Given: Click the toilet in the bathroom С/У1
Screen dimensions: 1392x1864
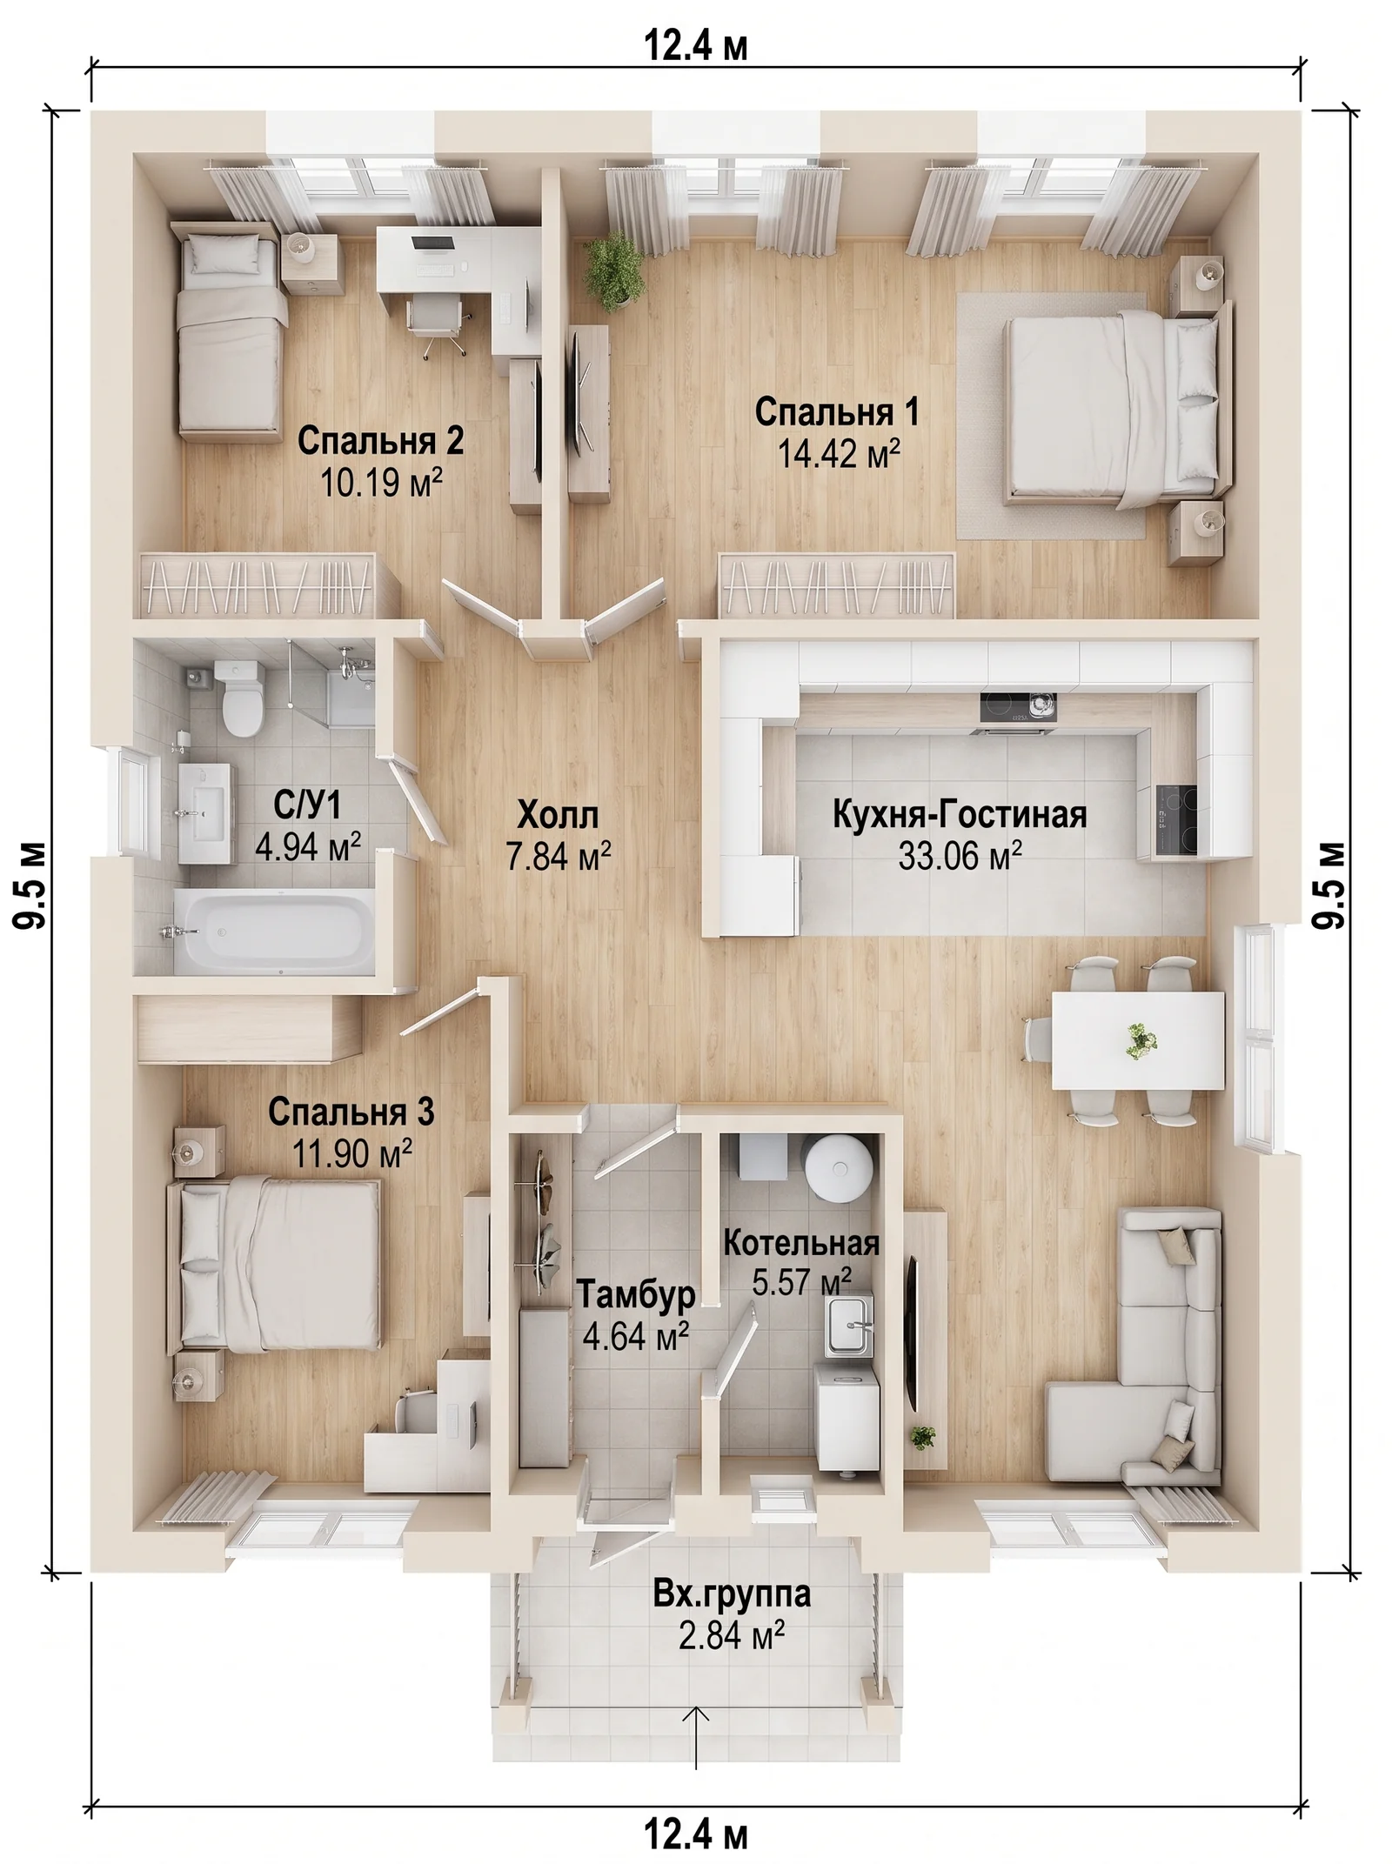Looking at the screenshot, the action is pyautogui.click(x=241, y=698).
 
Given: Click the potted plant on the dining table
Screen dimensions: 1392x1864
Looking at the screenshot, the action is pyautogui.click(x=1140, y=1040).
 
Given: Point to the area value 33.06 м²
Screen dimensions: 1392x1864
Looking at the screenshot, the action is pyautogui.click(x=960, y=857).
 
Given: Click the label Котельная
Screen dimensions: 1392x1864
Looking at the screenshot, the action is pyautogui.click(x=801, y=1243).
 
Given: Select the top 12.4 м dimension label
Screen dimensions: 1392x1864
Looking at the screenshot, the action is pyautogui.click(x=696, y=45).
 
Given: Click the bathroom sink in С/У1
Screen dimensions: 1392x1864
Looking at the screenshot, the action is pyautogui.click(x=205, y=814).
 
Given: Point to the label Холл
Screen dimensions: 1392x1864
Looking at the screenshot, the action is pyautogui.click(x=558, y=816).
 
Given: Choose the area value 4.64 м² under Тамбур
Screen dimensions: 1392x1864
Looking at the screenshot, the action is pyautogui.click(x=636, y=1336).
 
